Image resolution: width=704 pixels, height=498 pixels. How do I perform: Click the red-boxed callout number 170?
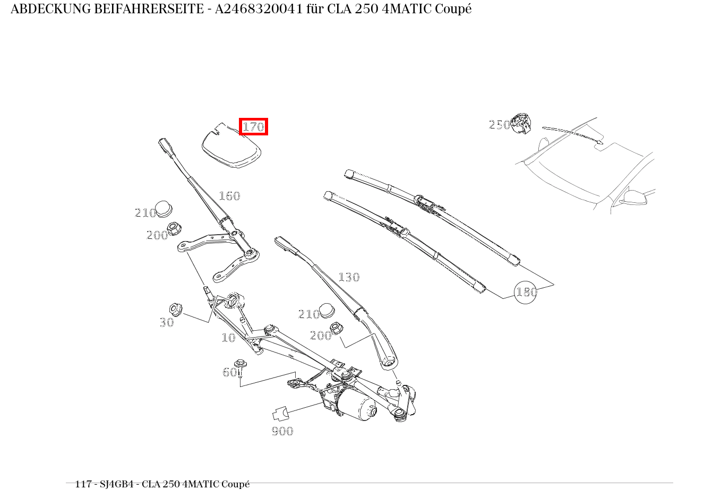coord(253,127)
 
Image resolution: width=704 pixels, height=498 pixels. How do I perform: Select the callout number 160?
coord(229,196)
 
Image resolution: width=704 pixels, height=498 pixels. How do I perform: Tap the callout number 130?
coord(349,277)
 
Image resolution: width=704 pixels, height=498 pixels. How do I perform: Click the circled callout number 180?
coord(526,292)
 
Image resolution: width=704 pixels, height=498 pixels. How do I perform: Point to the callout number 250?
coord(499,125)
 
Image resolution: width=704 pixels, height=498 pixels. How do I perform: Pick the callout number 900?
coord(282,431)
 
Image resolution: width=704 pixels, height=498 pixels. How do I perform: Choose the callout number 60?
coord(229,372)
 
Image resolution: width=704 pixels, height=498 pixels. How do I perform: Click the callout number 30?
coord(167,322)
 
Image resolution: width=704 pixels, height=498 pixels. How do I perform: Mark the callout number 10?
coord(228,338)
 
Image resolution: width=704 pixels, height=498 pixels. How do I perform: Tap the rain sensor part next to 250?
coord(521,124)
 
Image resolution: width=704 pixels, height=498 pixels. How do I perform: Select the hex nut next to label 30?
coord(175,308)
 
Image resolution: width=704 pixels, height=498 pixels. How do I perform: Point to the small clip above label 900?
coord(280,414)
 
